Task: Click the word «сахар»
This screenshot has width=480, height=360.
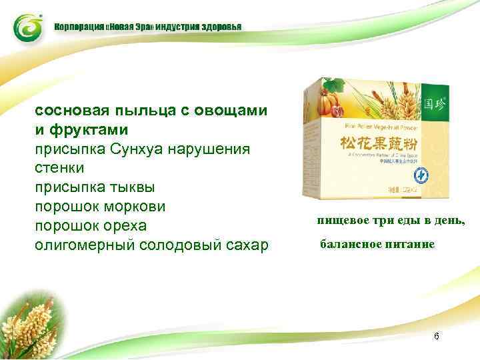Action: tap(243, 244)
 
